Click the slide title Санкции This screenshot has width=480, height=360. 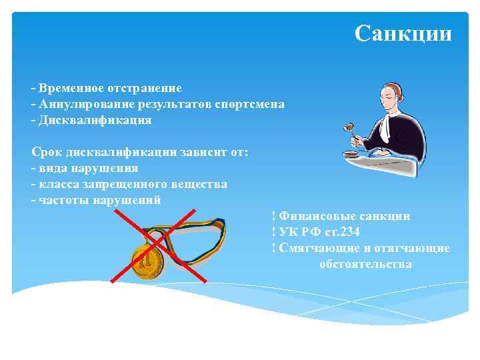click(x=403, y=33)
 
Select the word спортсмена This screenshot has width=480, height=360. click(x=249, y=104)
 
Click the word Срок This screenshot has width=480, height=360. click(x=45, y=152)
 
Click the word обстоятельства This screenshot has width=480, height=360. click(x=365, y=264)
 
